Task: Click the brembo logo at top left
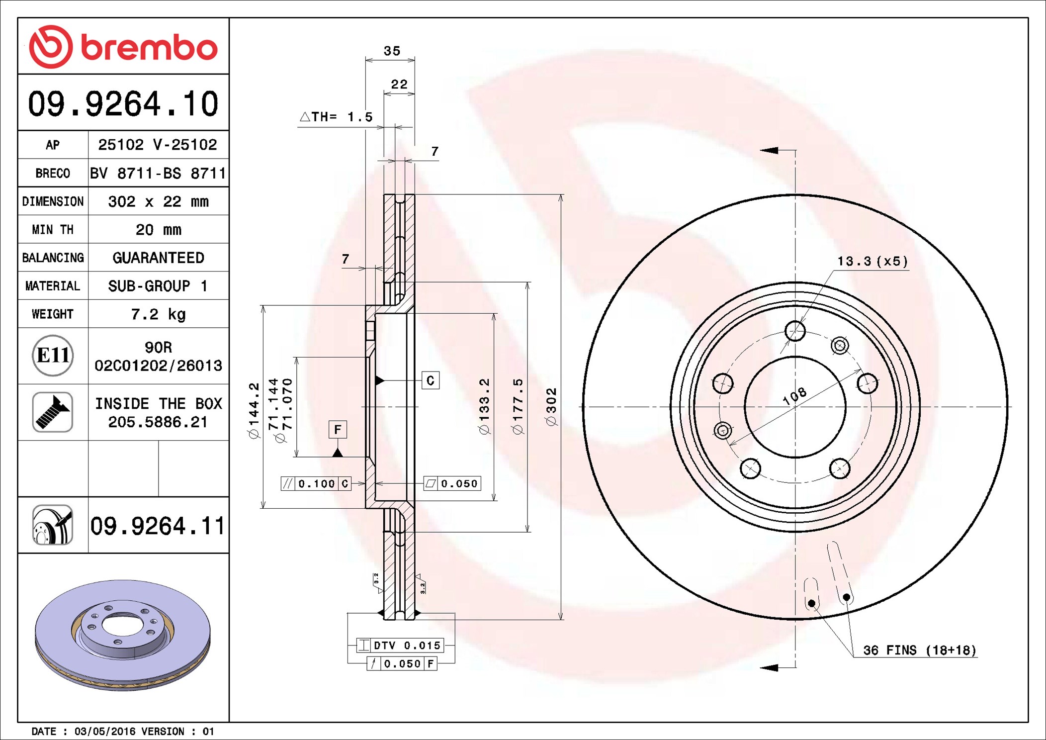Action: [x=123, y=47]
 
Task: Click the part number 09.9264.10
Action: [x=123, y=104]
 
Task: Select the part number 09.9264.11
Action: [x=158, y=526]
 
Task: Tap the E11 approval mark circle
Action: [x=53, y=355]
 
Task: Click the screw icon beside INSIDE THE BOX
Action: [x=53, y=412]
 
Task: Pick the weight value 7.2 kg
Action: [x=158, y=314]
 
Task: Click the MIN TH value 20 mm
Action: [x=158, y=229]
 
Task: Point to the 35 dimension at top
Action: [x=392, y=51]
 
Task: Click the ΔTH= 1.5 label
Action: [x=336, y=117]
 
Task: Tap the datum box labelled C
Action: [x=431, y=380]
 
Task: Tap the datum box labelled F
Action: [x=338, y=429]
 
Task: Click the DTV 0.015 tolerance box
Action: [x=400, y=646]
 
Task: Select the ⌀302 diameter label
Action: [x=551, y=407]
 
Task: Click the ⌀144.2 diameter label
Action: [x=254, y=410]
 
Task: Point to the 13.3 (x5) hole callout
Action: [x=872, y=261]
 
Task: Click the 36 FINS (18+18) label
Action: [x=919, y=650]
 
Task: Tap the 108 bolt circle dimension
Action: [x=794, y=396]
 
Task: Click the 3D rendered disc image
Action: [x=123, y=634]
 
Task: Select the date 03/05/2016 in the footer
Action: [x=104, y=731]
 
